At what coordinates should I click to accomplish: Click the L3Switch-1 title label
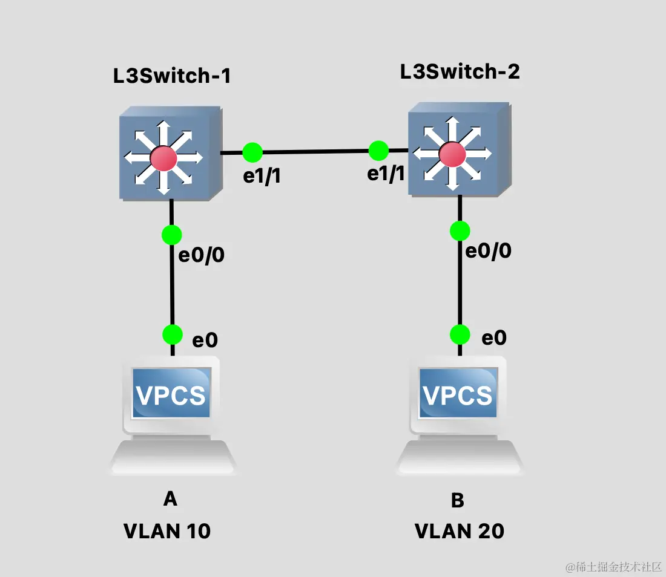[x=173, y=77]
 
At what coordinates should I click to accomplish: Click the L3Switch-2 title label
[x=460, y=72]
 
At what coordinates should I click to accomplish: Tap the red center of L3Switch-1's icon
[x=163, y=158]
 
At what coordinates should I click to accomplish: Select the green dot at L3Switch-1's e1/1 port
[x=252, y=152]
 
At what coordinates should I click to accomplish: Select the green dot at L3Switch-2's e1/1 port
[x=378, y=150]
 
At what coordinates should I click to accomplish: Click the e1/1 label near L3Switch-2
[x=386, y=174]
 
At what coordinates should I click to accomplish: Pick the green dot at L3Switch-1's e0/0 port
[x=172, y=234]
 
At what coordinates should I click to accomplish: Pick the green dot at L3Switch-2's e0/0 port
[x=460, y=230]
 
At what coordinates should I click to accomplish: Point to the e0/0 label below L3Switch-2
[x=488, y=250]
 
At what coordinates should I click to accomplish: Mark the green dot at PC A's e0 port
[x=172, y=334]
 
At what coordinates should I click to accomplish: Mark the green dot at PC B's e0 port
[x=460, y=334]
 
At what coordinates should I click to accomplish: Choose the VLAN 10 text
[x=167, y=531]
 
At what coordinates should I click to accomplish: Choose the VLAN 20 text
[x=459, y=531]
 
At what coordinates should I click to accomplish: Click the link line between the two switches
[x=315, y=151]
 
